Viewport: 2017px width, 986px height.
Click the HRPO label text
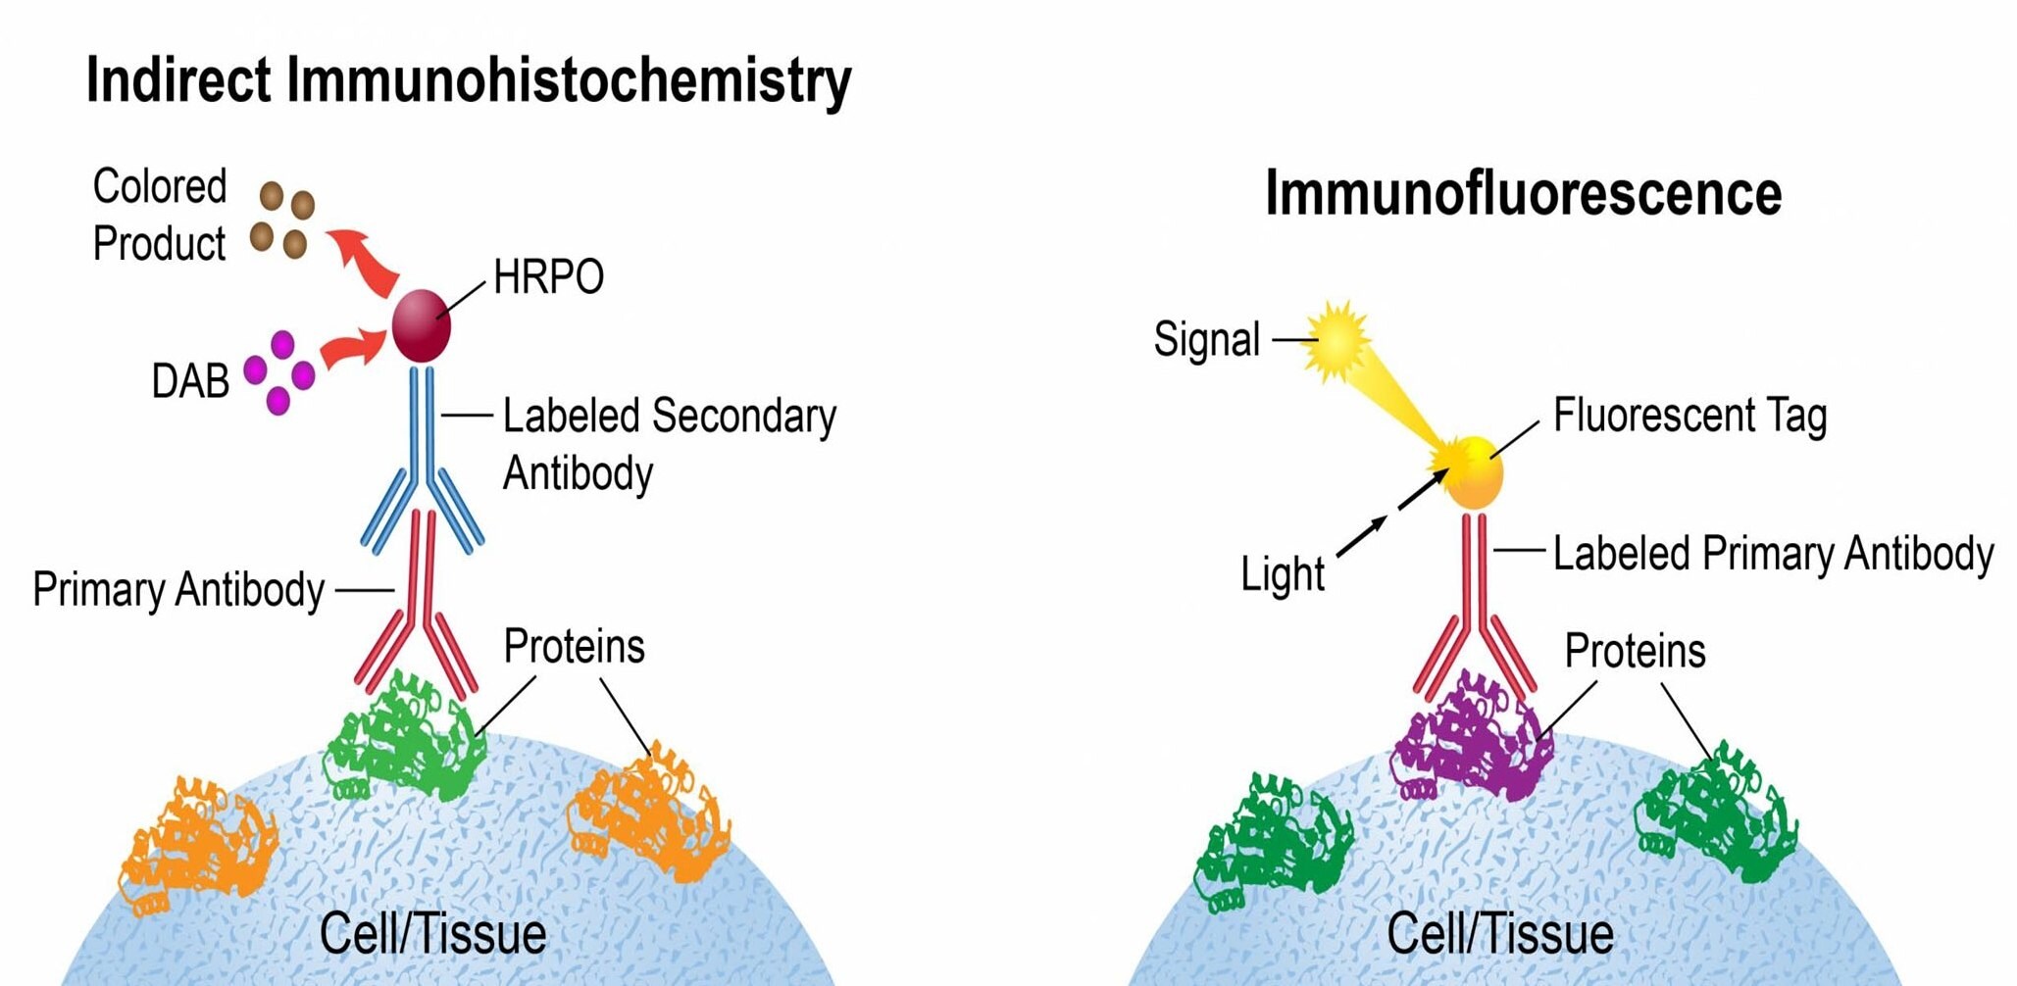(548, 277)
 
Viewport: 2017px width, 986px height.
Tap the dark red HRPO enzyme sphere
(422, 326)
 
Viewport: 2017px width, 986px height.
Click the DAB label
(190, 381)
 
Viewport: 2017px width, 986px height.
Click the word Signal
(1206, 340)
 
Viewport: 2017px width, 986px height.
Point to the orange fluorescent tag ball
(1474, 474)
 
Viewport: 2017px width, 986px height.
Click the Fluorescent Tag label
(1689, 416)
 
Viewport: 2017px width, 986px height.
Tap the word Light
(1282, 574)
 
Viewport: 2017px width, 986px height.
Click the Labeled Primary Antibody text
(1773, 554)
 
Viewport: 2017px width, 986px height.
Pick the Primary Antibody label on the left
(178, 590)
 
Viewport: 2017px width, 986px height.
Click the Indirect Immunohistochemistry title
(469, 80)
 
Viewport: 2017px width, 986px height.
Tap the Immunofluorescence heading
(1523, 194)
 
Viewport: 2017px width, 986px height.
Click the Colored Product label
(160, 215)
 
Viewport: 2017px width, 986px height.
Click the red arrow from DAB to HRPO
(353, 349)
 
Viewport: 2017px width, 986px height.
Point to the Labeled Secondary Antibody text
(669, 443)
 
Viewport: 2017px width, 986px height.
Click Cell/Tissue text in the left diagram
(432, 934)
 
